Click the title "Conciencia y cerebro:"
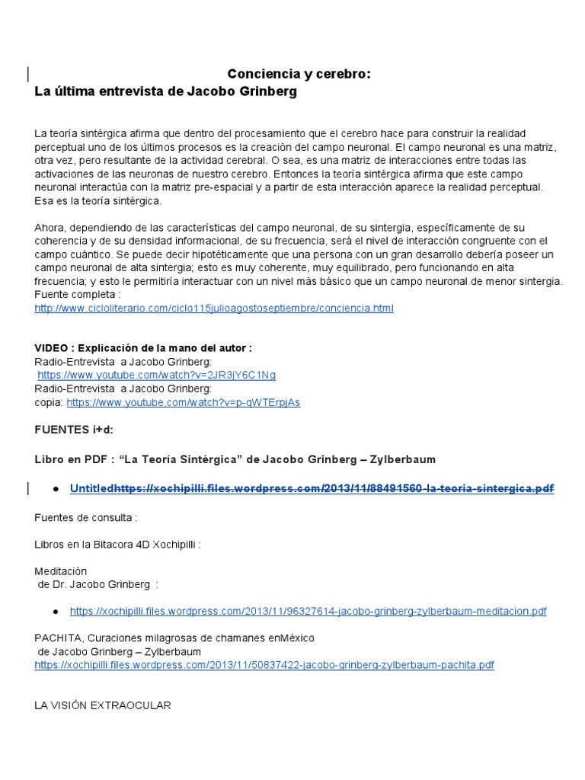[x=299, y=74]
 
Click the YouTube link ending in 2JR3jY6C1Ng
[x=156, y=375]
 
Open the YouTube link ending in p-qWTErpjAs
[x=183, y=402]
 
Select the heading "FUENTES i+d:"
[x=74, y=430]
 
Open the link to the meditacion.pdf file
[x=308, y=611]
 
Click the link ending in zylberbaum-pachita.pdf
[x=264, y=665]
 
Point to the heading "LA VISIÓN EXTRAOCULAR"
[x=103, y=705]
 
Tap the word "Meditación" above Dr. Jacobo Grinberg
[x=61, y=571]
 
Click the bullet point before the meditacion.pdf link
[x=56, y=611]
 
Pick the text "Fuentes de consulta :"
[x=86, y=517]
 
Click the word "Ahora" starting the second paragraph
[x=49, y=228]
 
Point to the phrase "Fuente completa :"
[x=78, y=295]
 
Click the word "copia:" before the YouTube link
[x=50, y=402]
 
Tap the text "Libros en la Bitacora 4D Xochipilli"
[x=117, y=545]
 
